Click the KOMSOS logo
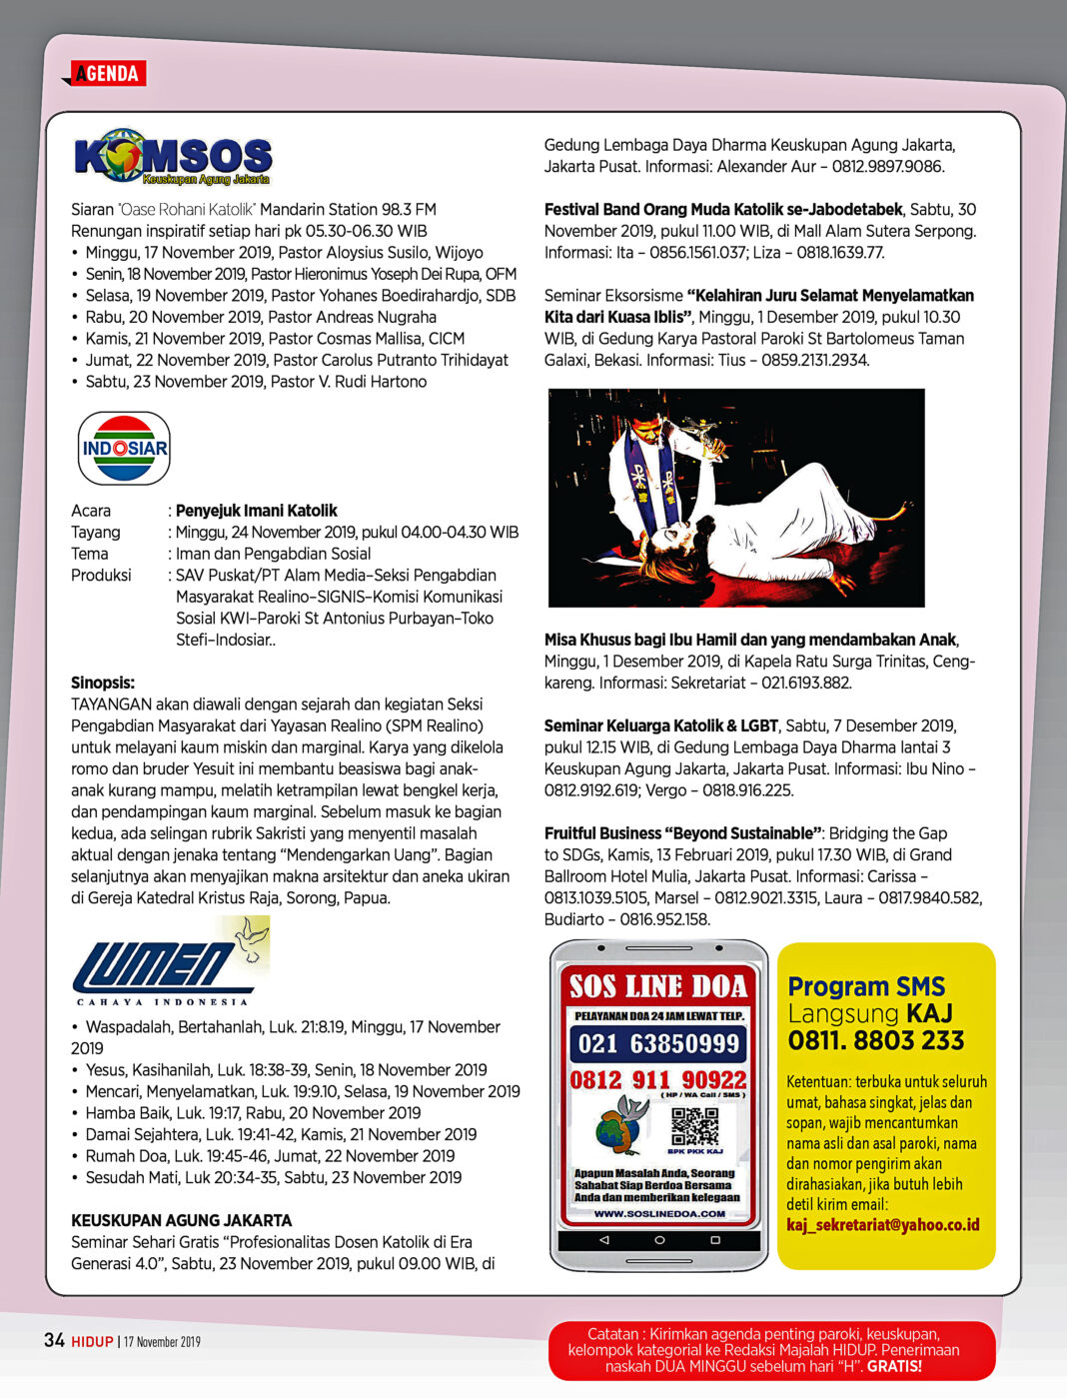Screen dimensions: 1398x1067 coord(173,157)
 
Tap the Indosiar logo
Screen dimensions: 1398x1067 coord(125,449)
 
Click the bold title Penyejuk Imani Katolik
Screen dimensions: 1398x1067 coord(257,511)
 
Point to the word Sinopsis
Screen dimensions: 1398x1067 coord(103,684)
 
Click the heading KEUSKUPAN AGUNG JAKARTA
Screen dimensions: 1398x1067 coord(182,1220)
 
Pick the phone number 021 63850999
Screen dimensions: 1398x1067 coord(658,1044)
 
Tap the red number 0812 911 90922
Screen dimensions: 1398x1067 coord(658,1080)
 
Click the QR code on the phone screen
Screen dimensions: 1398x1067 coord(694,1126)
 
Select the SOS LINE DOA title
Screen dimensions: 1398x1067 coord(658,986)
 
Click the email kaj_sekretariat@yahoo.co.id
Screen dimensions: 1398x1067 coord(883,1225)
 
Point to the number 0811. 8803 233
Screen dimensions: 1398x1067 coord(876,1041)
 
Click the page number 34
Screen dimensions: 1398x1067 coord(54,1340)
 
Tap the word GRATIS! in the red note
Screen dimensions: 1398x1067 coord(894,1366)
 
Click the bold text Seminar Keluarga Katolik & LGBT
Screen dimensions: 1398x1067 coord(661,725)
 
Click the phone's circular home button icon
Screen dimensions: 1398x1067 coord(659,1240)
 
